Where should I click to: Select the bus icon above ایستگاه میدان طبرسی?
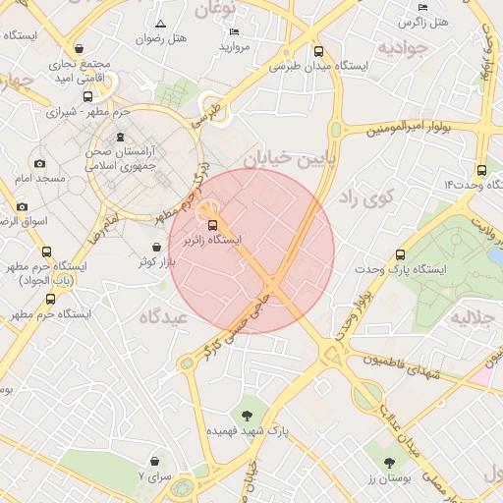coord(317,52)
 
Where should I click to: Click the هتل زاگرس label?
coord(425,22)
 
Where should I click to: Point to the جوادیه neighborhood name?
coord(403,48)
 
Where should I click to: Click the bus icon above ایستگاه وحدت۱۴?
coord(480,169)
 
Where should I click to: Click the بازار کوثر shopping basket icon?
coord(157,248)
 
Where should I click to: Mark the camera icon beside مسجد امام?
coord(39,164)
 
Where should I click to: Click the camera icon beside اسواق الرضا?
coord(22,207)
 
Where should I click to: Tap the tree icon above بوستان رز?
coord(390,461)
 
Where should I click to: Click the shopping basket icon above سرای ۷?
coord(154,461)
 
